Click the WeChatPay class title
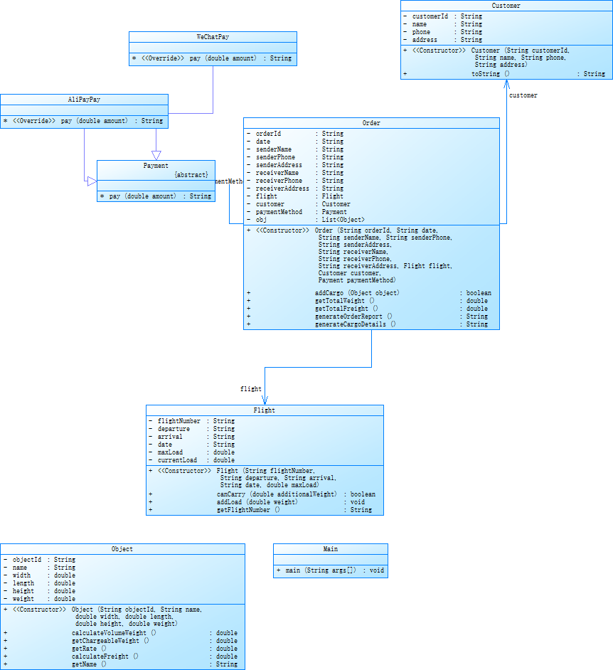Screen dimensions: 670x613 point(213,36)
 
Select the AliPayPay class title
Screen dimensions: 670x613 point(84,100)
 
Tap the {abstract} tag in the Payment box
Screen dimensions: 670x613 point(191,174)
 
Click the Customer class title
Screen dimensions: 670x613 point(506,6)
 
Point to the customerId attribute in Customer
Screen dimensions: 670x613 point(431,16)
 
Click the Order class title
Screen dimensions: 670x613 point(371,123)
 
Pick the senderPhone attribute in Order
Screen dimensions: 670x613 point(275,157)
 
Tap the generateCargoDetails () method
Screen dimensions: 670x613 point(355,324)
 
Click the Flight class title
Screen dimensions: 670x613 point(265,410)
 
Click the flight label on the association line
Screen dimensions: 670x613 point(250,389)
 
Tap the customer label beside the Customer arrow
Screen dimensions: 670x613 point(523,95)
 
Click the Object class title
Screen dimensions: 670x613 point(122,549)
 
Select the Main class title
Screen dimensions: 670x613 point(331,549)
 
